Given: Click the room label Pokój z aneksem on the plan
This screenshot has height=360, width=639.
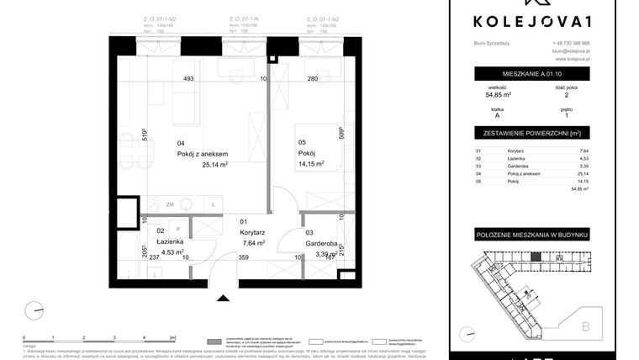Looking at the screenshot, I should pos(203,154).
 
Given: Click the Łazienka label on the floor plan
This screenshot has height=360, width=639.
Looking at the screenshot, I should pos(148,241).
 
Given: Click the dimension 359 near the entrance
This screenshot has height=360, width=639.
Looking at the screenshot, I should pos(243,259).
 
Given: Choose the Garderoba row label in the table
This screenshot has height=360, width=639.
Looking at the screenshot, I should pos(497,166).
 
